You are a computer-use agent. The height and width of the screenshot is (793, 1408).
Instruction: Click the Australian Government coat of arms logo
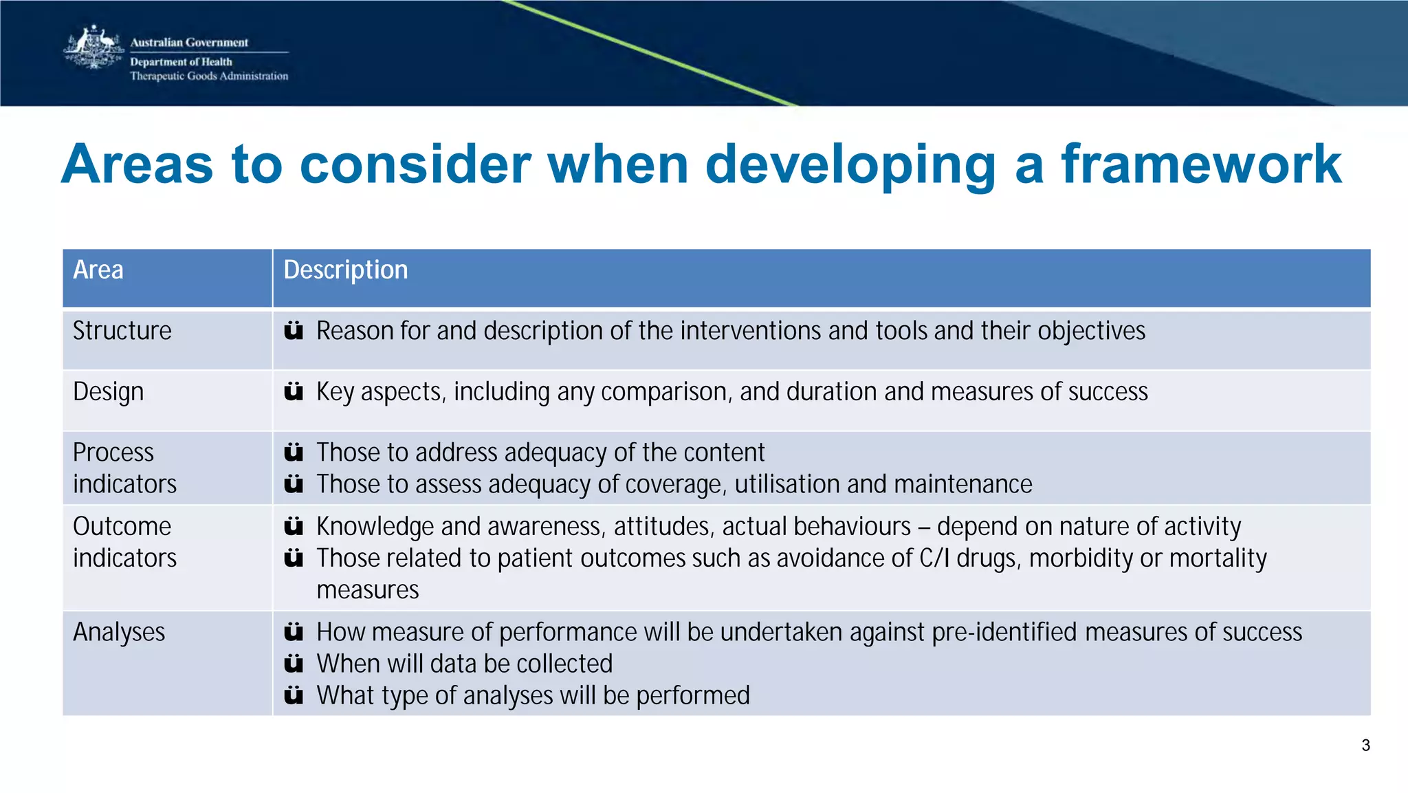[93, 47]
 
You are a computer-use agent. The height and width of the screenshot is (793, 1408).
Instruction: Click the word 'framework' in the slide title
[1201, 164]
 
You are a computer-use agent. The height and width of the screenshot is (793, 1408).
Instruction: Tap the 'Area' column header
[98, 270]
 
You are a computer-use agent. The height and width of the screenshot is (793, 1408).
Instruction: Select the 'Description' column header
[345, 270]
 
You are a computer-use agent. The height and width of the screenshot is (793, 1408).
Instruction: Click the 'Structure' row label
[122, 331]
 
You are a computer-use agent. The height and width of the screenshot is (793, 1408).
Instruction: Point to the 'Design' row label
[108, 391]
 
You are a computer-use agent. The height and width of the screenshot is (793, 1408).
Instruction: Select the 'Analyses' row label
[119, 631]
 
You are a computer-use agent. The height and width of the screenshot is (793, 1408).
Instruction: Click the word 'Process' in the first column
[113, 452]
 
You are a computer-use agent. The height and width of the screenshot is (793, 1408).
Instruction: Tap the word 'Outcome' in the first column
[122, 526]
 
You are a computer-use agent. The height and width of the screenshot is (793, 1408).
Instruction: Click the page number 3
[1365, 746]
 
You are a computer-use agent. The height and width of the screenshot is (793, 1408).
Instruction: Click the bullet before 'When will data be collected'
[294, 664]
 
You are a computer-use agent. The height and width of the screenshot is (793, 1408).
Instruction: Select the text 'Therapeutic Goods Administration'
[209, 76]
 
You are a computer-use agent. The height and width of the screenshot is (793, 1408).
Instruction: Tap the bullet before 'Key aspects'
[294, 392]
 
